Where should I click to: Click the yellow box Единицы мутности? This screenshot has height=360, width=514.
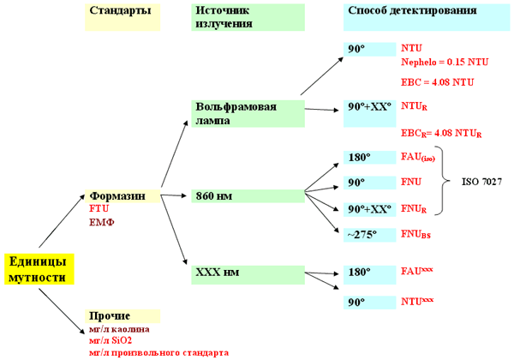39,268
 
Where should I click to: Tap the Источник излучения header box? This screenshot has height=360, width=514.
247,16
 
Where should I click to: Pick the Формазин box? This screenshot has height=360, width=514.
123,196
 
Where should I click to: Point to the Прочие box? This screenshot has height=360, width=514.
123,315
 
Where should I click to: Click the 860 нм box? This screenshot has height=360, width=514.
247,196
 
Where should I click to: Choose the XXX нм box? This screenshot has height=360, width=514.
247,273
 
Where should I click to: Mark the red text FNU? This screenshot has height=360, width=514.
412,183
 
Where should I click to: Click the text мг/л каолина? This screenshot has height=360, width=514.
119,329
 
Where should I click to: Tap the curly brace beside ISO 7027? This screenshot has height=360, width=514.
445,183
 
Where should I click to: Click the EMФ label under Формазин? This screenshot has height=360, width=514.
101,222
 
